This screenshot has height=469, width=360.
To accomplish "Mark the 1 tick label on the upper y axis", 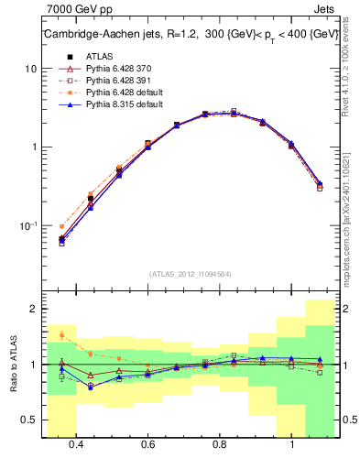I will tap(34, 147).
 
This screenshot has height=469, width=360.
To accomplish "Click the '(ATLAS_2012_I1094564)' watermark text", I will tap(190, 273).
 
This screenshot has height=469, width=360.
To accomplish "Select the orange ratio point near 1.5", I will tap(61, 335).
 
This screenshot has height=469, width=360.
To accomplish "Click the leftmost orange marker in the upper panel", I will tap(61, 226).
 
